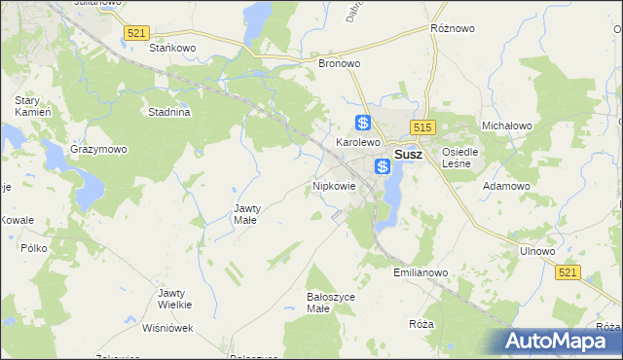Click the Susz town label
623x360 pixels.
[409, 154]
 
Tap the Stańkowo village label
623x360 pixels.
[173, 47]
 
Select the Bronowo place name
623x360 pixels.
[340, 63]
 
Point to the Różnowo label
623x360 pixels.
[453, 29]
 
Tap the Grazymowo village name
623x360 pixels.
[98, 150]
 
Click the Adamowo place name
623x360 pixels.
[507, 185]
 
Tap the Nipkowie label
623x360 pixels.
[334, 185]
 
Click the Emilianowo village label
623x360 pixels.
[421, 273]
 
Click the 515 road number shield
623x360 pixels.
[421, 127]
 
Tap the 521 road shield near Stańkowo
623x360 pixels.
[136, 34]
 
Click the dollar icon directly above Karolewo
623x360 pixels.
[363, 123]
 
